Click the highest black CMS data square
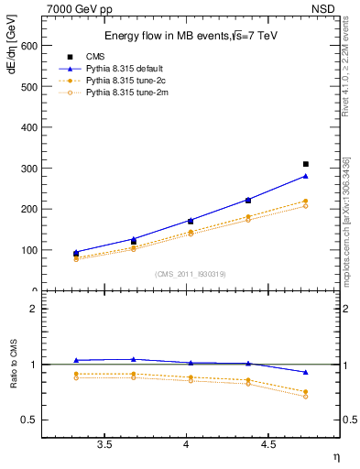[x=306, y=164]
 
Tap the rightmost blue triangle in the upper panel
[x=306, y=176]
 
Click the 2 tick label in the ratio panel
[x=32, y=309]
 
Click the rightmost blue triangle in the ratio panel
[x=306, y=372]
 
